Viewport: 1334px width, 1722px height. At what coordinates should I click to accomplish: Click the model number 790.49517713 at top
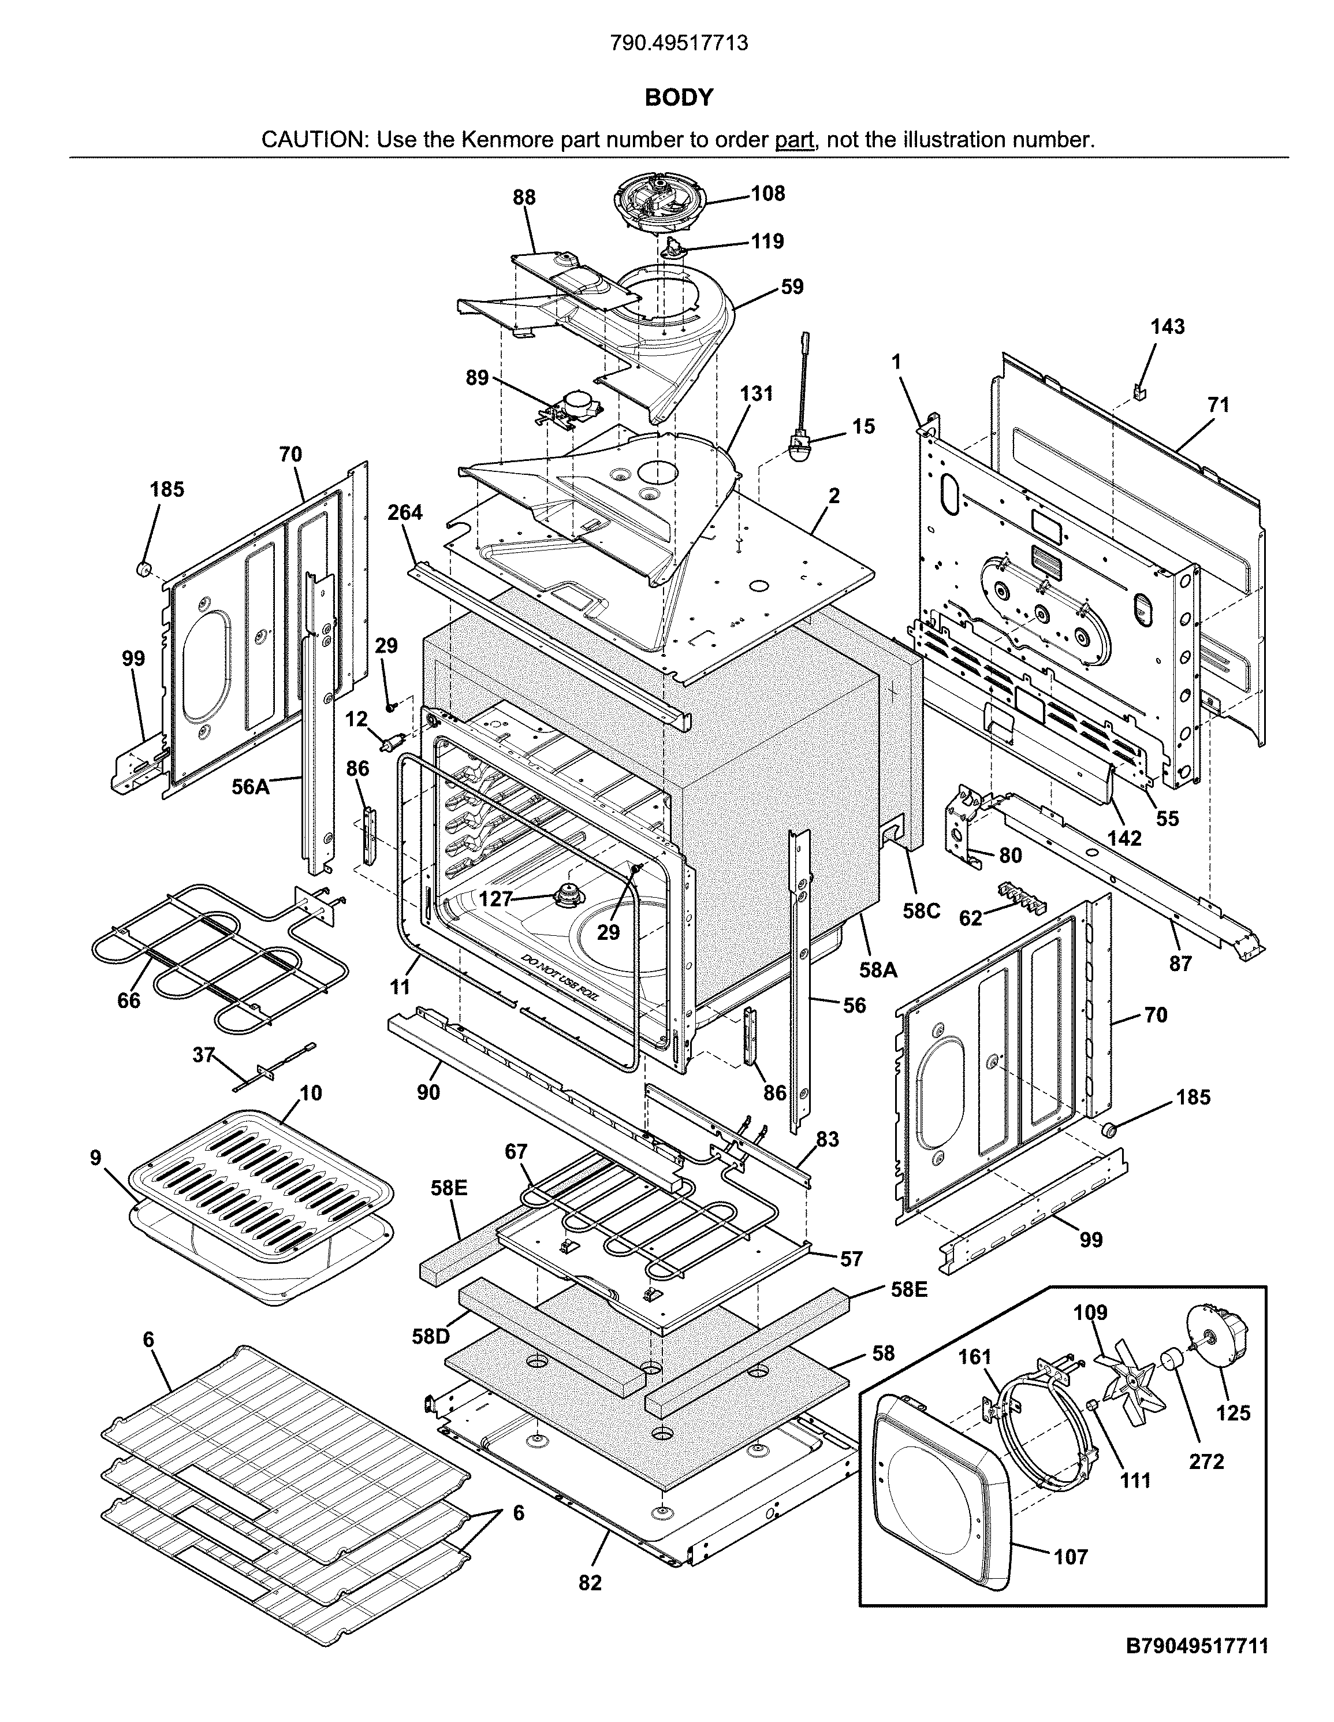tap(679, 43)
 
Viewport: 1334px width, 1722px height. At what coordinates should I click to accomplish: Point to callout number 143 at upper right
tap(1167, 326)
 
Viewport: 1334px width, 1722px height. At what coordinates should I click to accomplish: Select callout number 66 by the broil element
tap(129, 1000)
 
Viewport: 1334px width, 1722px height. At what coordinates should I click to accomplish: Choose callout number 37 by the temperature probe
tap(203, 1054)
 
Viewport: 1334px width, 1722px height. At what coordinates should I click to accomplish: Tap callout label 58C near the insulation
tap(921, 910)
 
